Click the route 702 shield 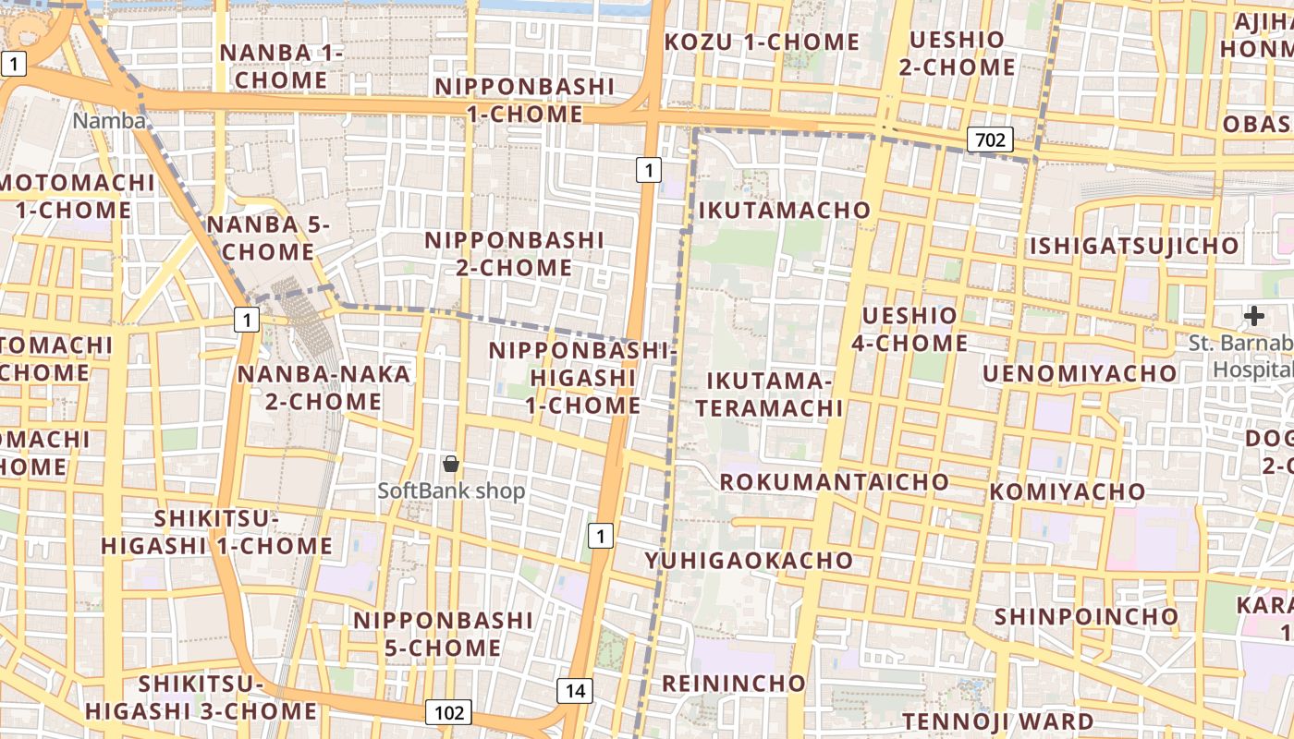pyautogui.click(x=990, y=140)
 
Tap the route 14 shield pyautogui.click(x=575, y=690)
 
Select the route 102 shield pyautogui.click(x=449, y=712)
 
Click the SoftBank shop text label pyautogui.click(x=451, y=491)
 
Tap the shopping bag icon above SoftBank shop pyautogui.click(x=451, y=464)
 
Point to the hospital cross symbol pyautogui.click(x=1253, y=316)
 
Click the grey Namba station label pyautogui.click(x=109, y=121)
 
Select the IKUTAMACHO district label pyautogui.click(x=785, y=210)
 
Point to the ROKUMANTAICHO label pyautogui.click(x=834, y=481)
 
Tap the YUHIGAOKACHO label pyautogui.click(x=749, y=560)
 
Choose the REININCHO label pyautogui.click(x=734, y=683)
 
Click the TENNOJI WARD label pyautogui.click(x=998, y=721)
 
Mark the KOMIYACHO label pyautogui.click(x=1068, y=491)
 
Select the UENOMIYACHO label pyautogui.click(x=1079, y=373)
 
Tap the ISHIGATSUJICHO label pyautogui.click(x=1133, y=246)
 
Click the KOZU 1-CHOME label pyautogui.click(x=763, y=42)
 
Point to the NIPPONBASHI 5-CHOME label pyautogui.click(x=443, y=633)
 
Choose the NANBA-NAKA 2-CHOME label pyautogui.click(x=323, y=387)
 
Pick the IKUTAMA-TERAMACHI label pyautogui.click(x=770, y=394)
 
